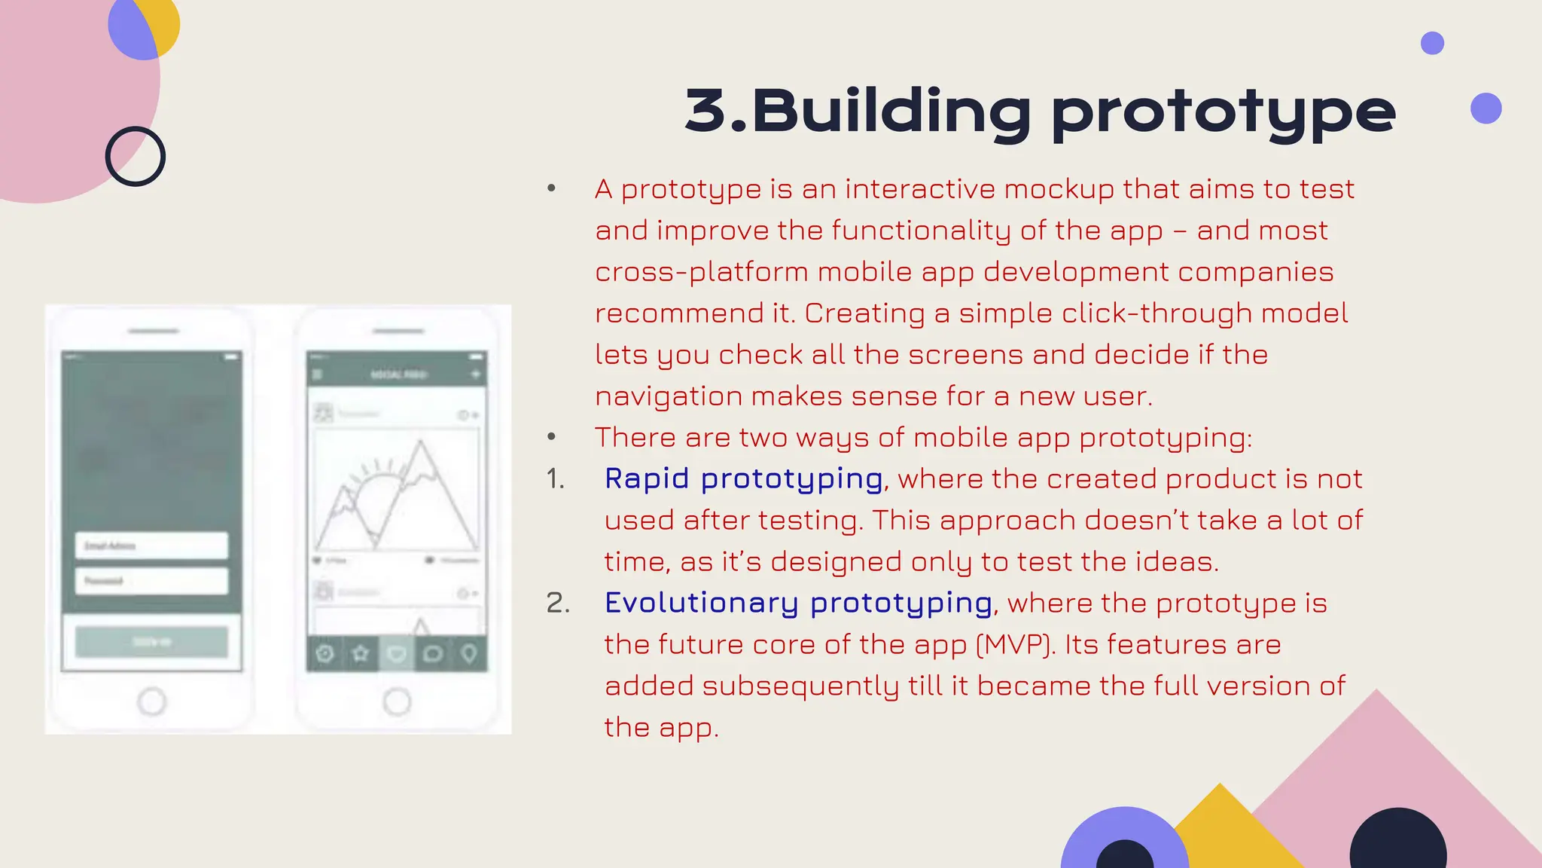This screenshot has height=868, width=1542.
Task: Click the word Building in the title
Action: (x=891, y=111)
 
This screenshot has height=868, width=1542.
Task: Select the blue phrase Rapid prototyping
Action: (x=743, y=479)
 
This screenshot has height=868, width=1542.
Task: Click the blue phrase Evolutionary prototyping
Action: (x=798, y=603)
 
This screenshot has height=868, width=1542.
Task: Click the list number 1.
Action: (x=555, y=479)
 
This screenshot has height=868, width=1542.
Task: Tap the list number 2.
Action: (x=557, y=604)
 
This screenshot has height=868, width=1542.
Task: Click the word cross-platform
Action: (x=701, y=272)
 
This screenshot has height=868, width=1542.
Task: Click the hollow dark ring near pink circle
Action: (x=136, y=157)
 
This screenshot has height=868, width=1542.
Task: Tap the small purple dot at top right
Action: (x=1432, y=43)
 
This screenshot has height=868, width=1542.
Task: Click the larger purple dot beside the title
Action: (x=1486, y=108)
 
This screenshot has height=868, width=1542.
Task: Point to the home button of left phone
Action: (x=152, y=701)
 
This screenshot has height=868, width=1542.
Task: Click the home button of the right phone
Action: (x=397, y=701)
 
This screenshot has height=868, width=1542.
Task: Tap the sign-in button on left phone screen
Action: (x=151, y=642)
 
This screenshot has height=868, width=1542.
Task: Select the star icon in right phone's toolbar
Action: (x=361, y=653)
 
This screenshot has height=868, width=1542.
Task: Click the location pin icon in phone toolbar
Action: (x=469, y=653)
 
